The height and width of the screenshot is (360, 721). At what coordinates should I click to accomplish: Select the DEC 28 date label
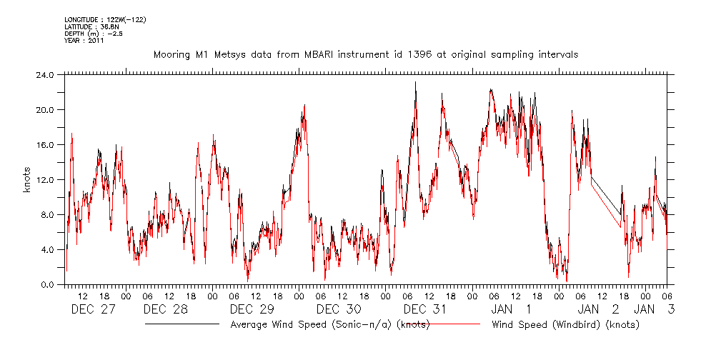(x=165, y=309)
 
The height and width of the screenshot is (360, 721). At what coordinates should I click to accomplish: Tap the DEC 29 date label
(x=252, y=309)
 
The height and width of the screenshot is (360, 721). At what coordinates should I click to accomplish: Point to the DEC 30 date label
(x=338, y=309)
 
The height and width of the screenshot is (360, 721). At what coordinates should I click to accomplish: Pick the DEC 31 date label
(x=424, y=309)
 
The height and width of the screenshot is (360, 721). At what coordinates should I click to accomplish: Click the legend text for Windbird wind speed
(x=565, y=324)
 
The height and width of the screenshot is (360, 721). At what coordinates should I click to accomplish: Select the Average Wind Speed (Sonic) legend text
(x=329, y=324)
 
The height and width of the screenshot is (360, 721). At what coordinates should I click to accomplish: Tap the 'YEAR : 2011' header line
(x=84, y=41)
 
